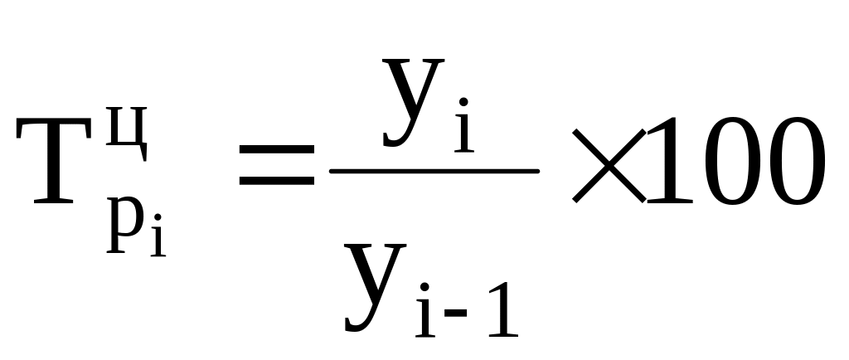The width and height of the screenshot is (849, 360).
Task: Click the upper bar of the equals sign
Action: click(x=276, y=149)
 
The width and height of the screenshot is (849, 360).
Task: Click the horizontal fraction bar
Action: click(x=434, y=171)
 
